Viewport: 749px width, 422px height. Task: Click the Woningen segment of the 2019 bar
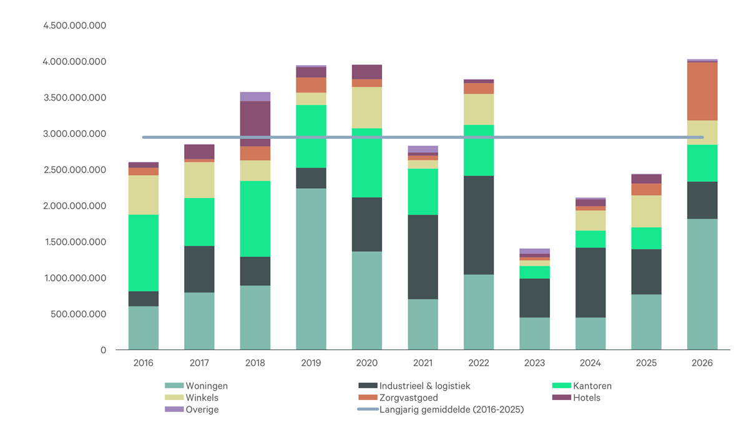311,269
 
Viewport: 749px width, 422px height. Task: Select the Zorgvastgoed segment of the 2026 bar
702,91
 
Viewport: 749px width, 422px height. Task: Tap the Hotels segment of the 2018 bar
255,124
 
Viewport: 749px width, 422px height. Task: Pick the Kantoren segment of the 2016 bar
144,253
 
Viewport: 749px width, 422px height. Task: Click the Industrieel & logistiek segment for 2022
479,225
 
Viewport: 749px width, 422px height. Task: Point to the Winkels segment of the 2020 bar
367,108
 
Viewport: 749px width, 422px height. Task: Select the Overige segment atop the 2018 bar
255,96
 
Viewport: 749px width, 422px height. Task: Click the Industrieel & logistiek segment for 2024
590,283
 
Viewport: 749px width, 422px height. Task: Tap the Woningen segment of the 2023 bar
535,333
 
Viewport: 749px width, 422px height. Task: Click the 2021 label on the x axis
423,363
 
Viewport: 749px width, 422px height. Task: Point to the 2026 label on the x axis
702,363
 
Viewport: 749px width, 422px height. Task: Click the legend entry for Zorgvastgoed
409,398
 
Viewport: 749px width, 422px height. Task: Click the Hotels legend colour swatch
560,398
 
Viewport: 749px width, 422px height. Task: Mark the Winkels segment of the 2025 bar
647,211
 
